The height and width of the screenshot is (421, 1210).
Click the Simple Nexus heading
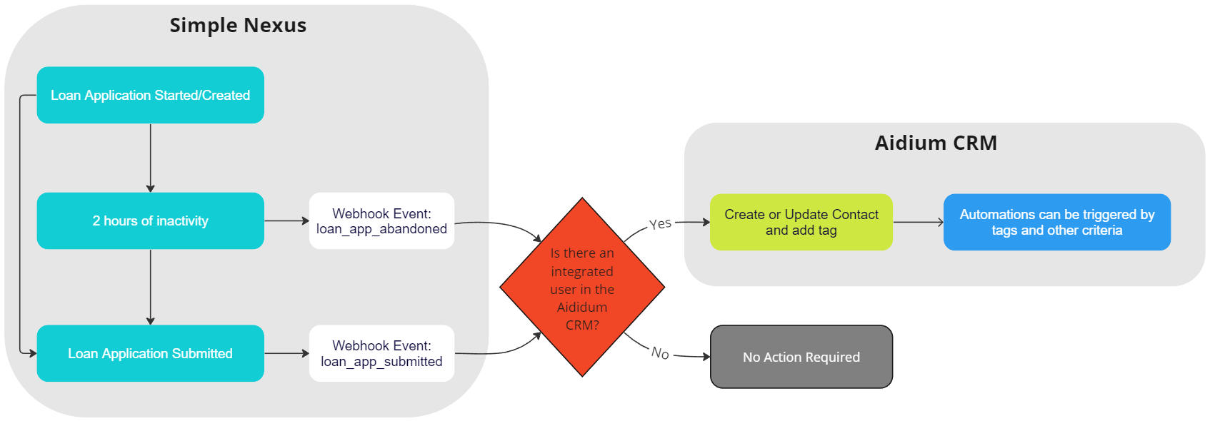click(x=238, y=26)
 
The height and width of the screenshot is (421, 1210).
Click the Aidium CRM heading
click(x=936, y=143)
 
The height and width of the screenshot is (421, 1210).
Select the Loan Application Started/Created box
click(x=150, y=95)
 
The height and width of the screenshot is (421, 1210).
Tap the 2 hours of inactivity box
click(x=150, y=220)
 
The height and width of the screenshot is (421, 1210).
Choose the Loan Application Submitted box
click(x=150, y=353)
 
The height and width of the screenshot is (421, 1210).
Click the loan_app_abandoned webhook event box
click(x=381, y=220)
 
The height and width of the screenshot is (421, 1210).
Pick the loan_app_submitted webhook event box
click(x=381, y=353)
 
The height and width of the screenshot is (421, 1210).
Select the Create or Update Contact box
click(x=801, y=222)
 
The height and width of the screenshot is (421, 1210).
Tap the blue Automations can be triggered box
click(x=1056, y=222)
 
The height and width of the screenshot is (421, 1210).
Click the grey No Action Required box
click(x=801, y=357)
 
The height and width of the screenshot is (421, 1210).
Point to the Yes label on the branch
click(x=661, y=224)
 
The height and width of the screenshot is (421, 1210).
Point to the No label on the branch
click(x=660, y=352)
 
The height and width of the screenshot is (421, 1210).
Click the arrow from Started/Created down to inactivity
click(x=150, y=158)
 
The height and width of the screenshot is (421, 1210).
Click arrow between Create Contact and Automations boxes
click(x=918, y=222)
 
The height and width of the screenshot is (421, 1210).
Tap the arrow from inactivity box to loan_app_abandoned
click(x=286, y=220)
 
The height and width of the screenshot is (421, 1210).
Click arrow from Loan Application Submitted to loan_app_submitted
click(x=286, y=353)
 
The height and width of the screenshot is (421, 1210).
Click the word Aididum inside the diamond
click(x=582, y=307)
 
